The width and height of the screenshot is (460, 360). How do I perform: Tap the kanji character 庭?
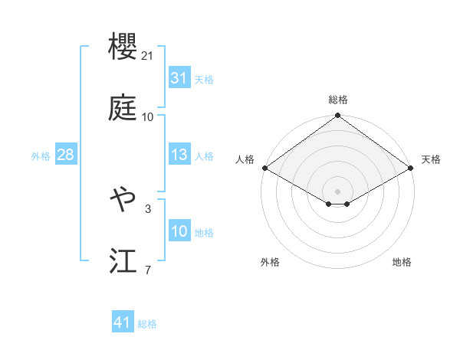pos(123,110)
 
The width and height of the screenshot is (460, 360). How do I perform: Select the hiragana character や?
pos(123,201)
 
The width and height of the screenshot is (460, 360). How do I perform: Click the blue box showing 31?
pos(179,78)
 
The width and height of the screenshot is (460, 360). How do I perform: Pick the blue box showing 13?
pos(179,155)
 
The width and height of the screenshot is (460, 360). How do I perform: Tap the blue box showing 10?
pos(179,231)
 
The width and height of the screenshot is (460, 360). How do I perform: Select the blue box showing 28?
pos(65,155)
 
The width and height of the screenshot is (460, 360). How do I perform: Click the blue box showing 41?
pos(123,323)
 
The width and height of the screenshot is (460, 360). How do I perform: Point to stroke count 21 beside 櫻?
pos(149,55)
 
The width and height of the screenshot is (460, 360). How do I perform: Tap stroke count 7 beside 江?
pos(148,270)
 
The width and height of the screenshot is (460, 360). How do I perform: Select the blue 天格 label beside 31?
pos(204,79)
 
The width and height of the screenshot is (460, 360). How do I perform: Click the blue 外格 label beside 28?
pos(41,155)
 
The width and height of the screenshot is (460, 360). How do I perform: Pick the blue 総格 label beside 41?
pos(147,324)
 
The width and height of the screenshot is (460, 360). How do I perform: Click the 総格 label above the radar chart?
pos(337,100)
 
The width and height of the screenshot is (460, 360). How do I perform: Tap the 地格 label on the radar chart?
pos(402,262)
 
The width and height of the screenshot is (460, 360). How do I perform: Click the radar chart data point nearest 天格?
pos(412,168)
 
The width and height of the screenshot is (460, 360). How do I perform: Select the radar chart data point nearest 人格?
pos(264,168)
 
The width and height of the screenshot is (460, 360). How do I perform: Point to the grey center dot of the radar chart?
pos(337,190)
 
